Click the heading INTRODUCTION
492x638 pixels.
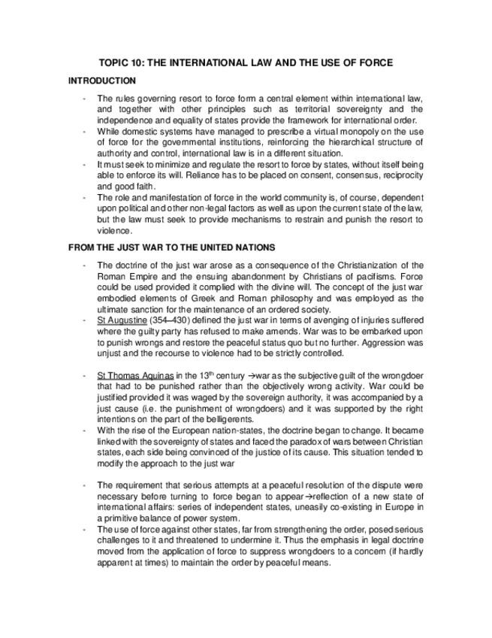point(102,81)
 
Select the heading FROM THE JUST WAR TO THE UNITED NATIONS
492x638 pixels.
point(171,247)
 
